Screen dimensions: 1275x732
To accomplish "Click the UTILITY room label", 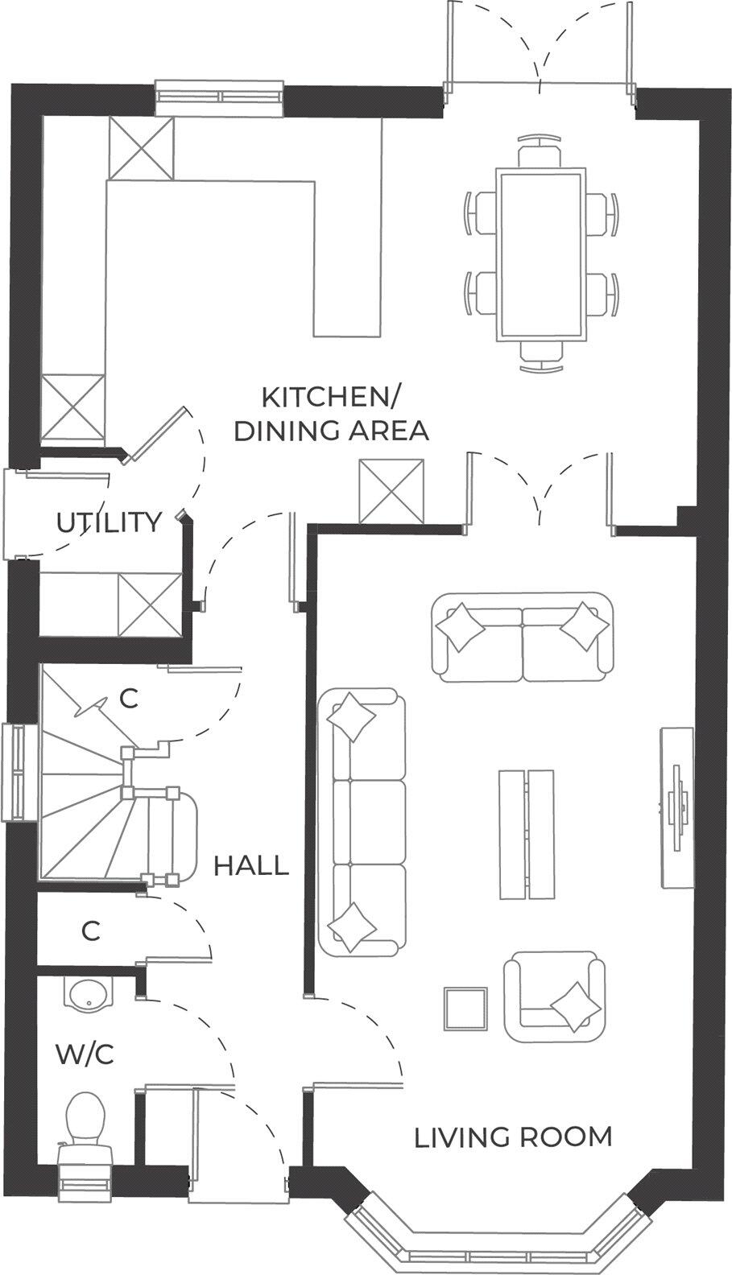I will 109,522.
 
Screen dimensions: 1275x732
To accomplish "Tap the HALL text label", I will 250,866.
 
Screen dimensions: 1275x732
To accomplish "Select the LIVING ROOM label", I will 513,1137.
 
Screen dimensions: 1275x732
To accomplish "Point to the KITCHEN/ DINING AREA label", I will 331,414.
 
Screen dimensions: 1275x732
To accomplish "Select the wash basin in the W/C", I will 87,994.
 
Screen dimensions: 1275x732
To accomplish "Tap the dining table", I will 540,254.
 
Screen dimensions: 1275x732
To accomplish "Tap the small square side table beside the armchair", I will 465,1009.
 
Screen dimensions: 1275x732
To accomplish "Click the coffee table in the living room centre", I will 526,833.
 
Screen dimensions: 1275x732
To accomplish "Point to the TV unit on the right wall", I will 676,807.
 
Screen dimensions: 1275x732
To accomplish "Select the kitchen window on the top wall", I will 220,96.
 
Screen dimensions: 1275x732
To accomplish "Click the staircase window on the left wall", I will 19,773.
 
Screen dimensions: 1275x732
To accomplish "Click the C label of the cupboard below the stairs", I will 91,931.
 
